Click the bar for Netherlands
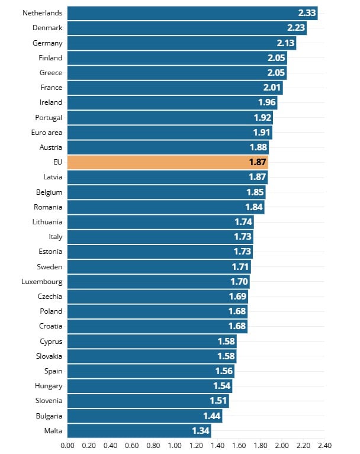click(192, 12)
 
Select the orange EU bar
click(168, 162)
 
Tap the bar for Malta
click(139, 430)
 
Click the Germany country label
click(48, 43)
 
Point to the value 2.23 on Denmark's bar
click(296, 27)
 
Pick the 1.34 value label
click(201, 430)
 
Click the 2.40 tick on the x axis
click(324, 445)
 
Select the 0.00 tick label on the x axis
click(67, 445)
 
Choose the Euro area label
click(47, 133)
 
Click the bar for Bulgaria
click(144, 416)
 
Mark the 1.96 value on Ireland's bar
click(267, 102)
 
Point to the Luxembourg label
click(41, 282)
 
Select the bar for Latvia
click(168, 177)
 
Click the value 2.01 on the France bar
click(272, 87)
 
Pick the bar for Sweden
click(159, 266)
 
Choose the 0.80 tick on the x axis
click(153, 445)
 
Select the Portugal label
click(49, 117)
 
